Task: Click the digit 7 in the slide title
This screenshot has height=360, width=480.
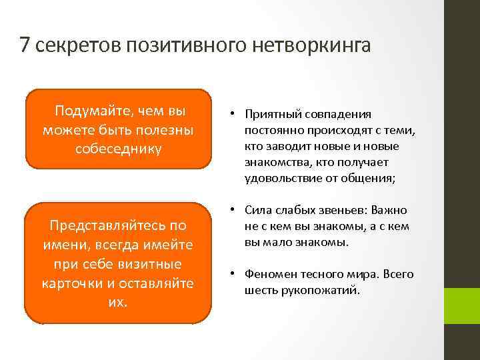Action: coord(25,45)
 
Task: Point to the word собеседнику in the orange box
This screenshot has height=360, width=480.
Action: coord(119,147)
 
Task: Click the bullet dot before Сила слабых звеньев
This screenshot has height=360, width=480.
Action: coord(236,211)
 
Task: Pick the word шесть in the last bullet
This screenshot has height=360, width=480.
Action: coord(261,291)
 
